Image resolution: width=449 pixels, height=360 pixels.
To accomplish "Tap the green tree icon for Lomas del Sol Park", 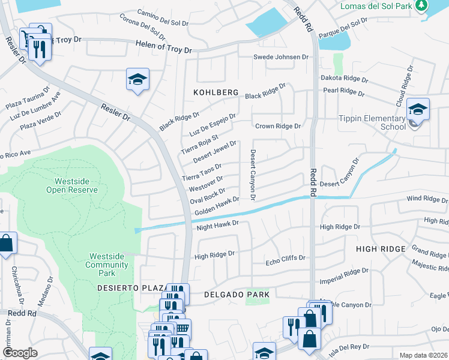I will point(422,5).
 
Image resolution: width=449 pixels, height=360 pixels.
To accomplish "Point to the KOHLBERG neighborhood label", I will point(215,94).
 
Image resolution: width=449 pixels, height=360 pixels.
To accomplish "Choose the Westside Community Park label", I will point(106,260).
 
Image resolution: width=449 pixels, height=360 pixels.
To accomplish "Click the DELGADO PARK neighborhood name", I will point(236,295).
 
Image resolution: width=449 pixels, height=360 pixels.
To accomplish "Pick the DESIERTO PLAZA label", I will point(130,289).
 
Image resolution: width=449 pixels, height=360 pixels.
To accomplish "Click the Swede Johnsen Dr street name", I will point(280,57).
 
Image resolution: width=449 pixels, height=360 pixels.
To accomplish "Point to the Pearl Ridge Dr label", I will point(344,91).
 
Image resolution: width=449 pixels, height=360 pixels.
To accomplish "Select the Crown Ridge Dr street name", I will point(277,126).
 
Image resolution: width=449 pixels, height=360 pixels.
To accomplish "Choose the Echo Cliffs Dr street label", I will point(286,258).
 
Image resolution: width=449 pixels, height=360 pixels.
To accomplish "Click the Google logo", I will point(20,353).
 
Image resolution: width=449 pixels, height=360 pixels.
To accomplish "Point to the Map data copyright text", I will point(423,355).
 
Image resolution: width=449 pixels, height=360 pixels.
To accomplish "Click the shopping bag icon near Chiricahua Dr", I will point(7,244).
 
